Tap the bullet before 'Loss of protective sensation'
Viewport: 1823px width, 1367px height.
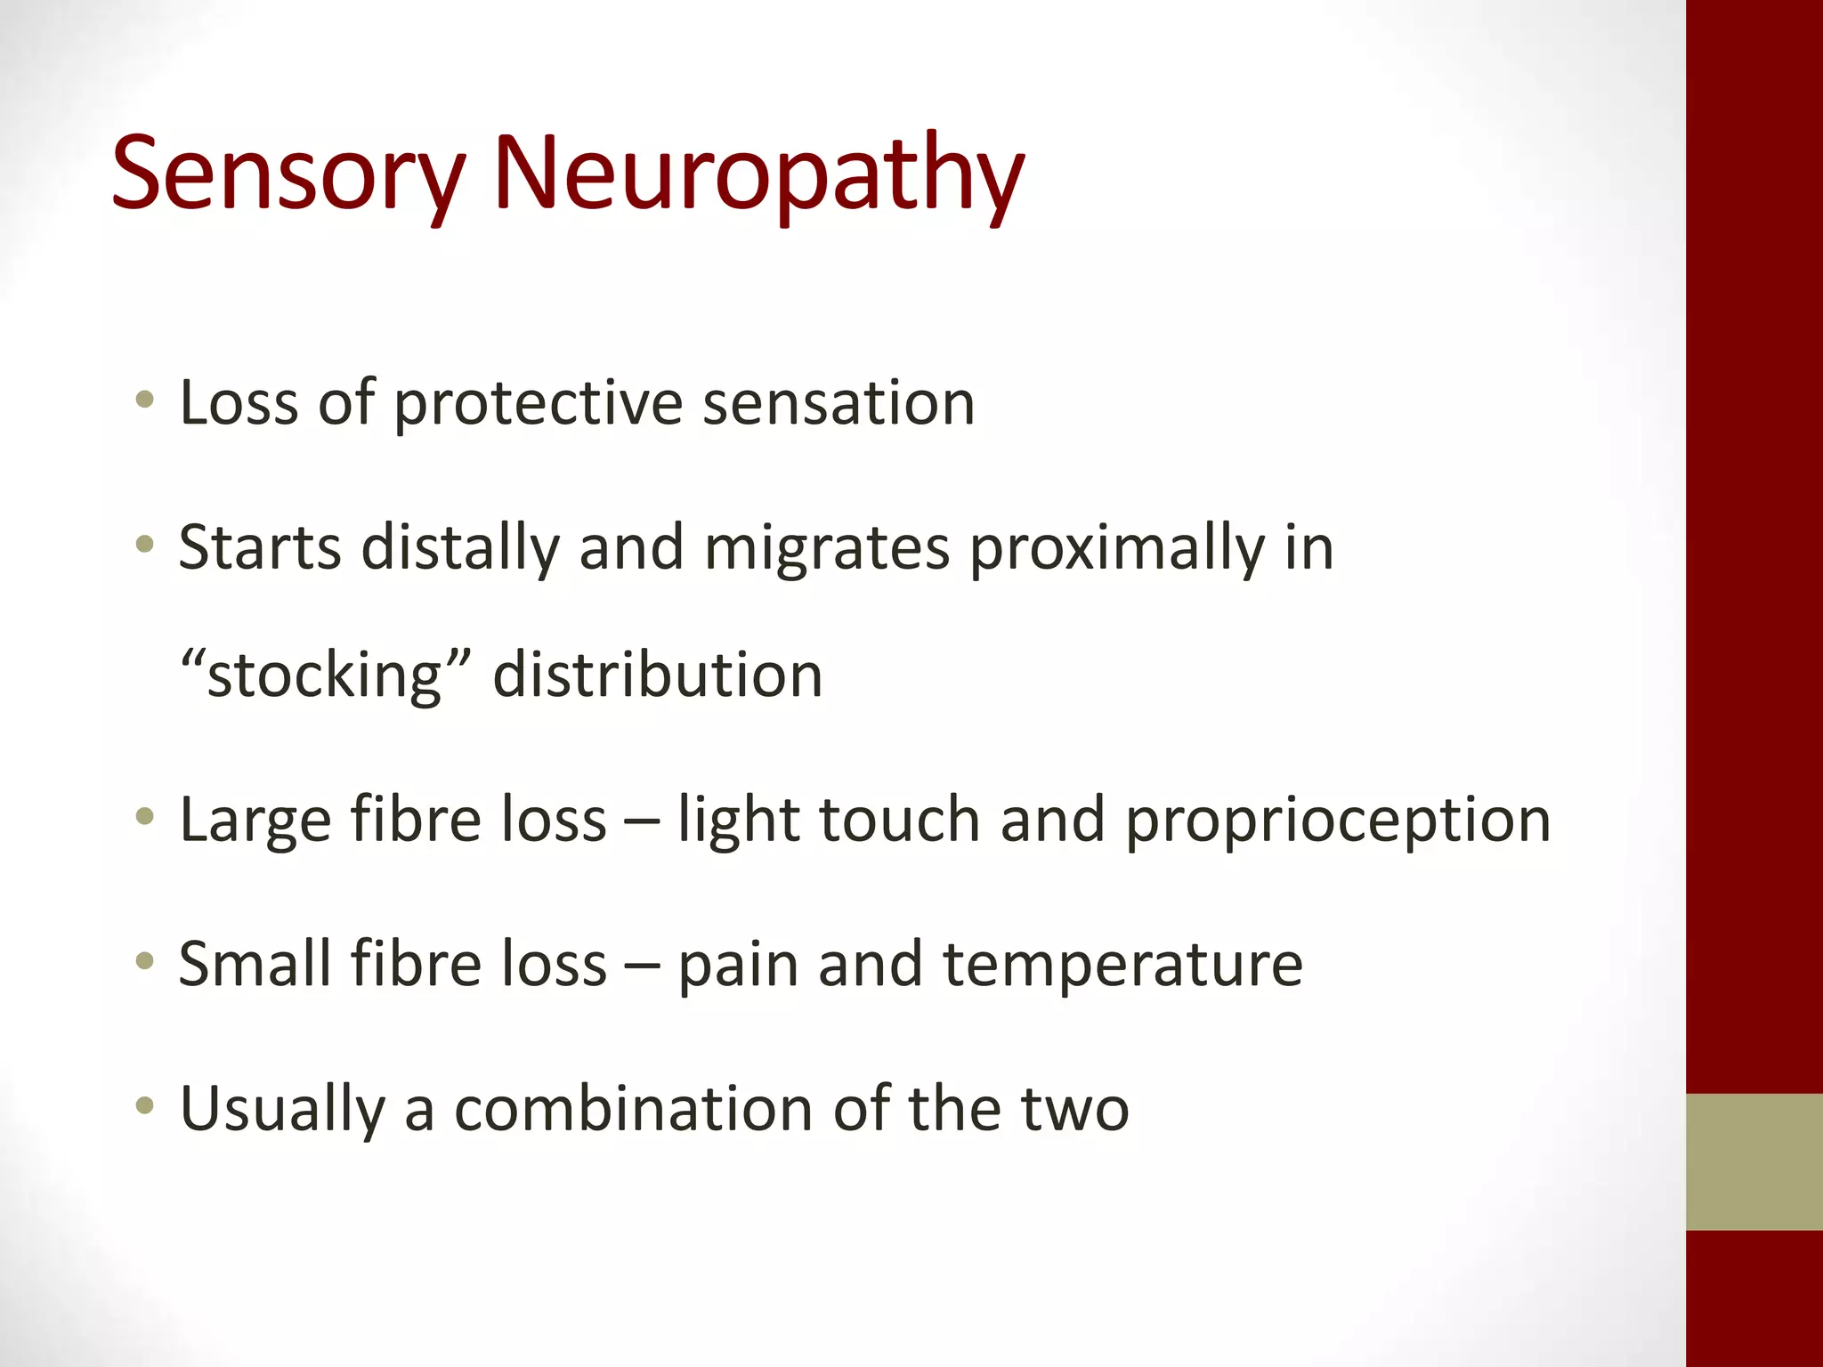click(144, 400)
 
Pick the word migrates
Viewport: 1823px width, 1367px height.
click(827, 550)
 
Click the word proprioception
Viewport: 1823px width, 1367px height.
click(1338, 821)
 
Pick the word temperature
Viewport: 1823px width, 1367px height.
click(1122, 966)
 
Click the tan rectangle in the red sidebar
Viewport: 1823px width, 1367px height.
click(1754, 1161)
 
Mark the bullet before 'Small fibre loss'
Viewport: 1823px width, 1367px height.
click(144, 960)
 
